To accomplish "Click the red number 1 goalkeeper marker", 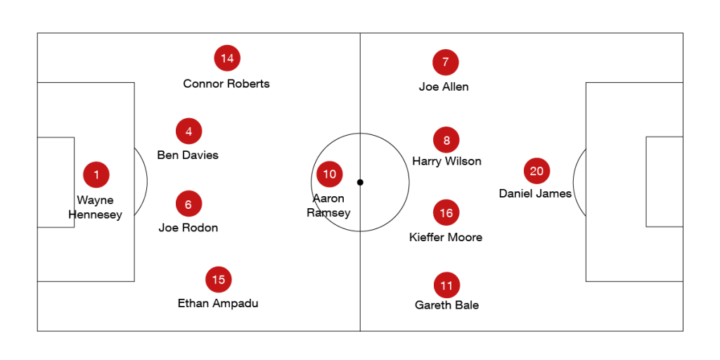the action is coord(96,175).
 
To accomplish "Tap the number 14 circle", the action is coord(227,58).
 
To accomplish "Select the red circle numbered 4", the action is coord(188,131).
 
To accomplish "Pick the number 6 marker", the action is coord(188,204).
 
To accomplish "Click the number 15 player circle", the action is coord(219,280).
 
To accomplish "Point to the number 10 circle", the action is coord(330,174).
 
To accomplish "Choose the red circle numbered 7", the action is coord(445,62).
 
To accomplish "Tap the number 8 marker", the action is coord(446,140).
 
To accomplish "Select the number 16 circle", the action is coord(446,212).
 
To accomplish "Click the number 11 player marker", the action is coord(446,285).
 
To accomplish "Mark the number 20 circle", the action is coord(536,171).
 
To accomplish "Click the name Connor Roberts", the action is coord(226,84).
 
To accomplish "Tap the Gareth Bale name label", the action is coord(446,305).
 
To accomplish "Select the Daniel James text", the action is coord(535,194).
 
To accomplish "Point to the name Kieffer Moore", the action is coord(446,238).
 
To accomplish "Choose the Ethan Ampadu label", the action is coord(218,304).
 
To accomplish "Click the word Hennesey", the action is coord(95,215).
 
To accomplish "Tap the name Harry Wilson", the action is coord(446,161).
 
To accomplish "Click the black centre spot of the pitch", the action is coord(360,182).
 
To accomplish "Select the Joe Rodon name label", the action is coord(188,228).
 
